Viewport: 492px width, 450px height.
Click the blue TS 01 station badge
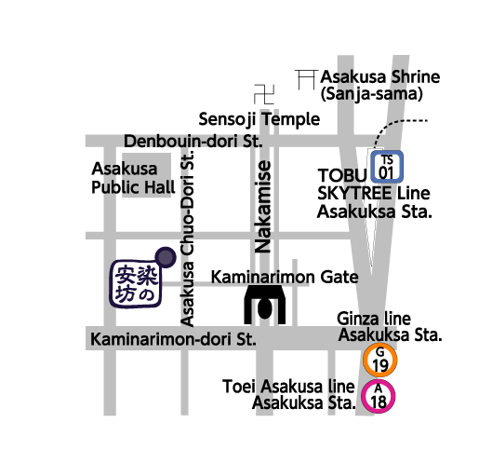[387, 166]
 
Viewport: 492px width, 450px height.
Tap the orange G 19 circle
[379, 359]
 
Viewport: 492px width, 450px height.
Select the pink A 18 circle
[379, 396]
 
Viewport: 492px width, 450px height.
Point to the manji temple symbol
[265, 94]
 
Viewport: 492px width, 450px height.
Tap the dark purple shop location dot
[165, 255]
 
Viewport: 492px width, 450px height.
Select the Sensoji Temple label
[259, 119]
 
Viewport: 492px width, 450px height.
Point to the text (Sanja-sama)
[372, 93]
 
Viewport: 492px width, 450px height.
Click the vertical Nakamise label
[264, 207]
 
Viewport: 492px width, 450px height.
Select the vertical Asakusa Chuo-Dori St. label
[189, 240]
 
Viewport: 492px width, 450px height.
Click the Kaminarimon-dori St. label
[174, 337]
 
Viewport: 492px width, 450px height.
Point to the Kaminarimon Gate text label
[285, 277]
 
